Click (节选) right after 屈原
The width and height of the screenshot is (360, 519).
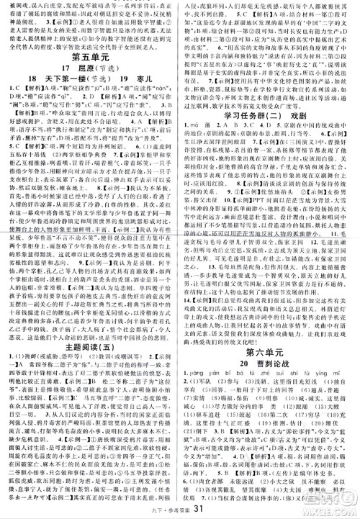point(110,73)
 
